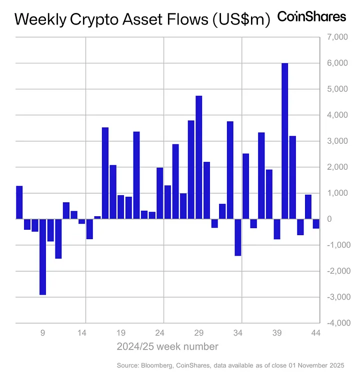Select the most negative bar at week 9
[42, 257]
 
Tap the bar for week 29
[198, 157]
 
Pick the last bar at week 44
[316, 224]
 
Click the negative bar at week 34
[238, 237]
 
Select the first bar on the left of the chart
[19, 202]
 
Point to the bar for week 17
[105, 173]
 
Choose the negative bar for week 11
[58, 239]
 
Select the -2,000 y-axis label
[334, 271]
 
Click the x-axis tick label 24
[160, 333]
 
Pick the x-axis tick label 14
[82, 333]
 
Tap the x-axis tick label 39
[277, 333]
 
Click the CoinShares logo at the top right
[311, 16]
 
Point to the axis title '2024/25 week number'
[167, 346]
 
